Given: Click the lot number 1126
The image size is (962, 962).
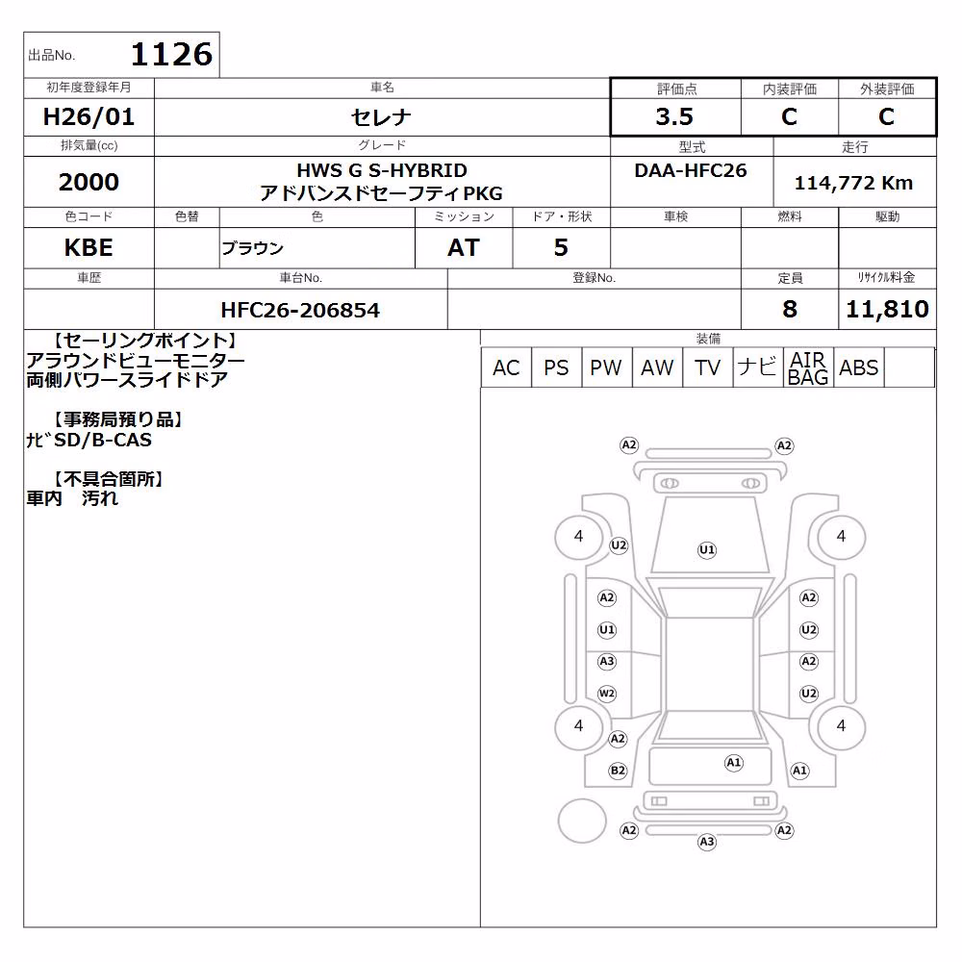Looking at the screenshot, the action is point(172,55).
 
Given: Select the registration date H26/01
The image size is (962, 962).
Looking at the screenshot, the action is point(89,116).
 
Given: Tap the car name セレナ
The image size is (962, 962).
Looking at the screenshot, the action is point(381,116).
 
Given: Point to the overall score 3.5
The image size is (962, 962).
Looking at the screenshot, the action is point(674,116).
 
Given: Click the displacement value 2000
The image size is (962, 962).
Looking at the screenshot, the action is point(89,182).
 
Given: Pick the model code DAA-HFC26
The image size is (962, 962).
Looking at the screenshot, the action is point(691,170).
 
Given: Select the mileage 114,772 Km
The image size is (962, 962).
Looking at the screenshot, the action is point(854,183).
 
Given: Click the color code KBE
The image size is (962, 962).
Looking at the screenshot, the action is point(89,248).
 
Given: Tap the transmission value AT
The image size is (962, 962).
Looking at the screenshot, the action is point(464,248).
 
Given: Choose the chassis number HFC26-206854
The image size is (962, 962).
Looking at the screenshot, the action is point(300,311).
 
